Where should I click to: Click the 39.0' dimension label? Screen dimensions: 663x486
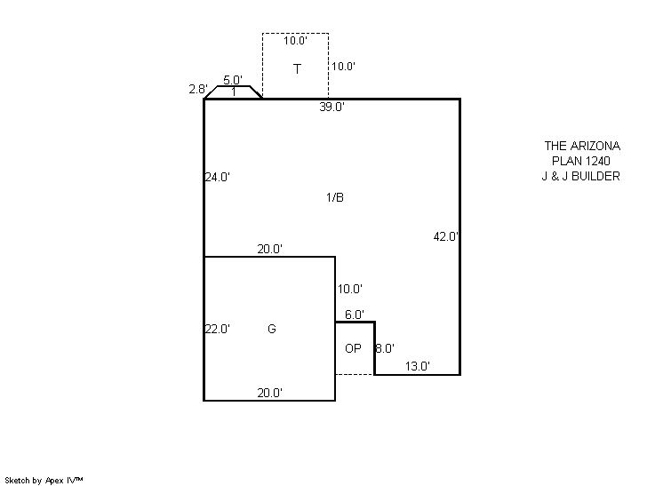(x=331, y=107)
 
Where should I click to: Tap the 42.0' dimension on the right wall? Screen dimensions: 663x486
(x=445, y=236)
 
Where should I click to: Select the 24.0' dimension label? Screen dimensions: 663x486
(x=218, y=177)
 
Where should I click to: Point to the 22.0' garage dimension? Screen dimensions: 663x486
(x=218, y=329)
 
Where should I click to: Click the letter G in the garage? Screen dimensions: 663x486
(x=272, y=329)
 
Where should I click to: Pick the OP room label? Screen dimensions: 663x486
(x=353, y=348)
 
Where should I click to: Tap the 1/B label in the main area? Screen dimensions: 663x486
(x=335, y=197)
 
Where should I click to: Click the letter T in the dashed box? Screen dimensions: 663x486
(x=297, y=69)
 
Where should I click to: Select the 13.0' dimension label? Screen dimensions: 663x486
(x=418, y=366)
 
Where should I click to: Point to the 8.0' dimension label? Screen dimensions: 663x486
(x=385, y=348)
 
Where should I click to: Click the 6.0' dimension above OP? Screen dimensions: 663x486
(x=355, y=315)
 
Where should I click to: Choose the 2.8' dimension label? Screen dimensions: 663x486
(x=198, y=89)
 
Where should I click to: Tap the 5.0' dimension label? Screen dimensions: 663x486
(x=233, y=80)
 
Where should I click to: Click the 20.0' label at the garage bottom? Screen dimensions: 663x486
(x=270, y=393)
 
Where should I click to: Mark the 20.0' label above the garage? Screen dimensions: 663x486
(x=270, y=250)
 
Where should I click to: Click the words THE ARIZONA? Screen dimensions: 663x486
(x=582, y=147)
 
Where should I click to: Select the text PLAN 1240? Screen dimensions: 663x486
(x=581, y=161)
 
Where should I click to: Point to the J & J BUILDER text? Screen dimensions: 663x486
(x=581, y=176)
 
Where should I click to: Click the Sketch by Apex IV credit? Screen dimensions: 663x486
(x=44, y=481)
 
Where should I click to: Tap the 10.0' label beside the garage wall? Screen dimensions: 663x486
(x=350, y=289)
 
